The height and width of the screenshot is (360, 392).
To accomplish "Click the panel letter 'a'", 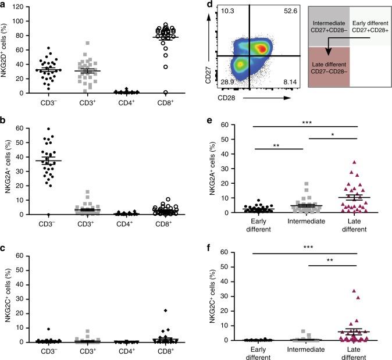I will (4, 5).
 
